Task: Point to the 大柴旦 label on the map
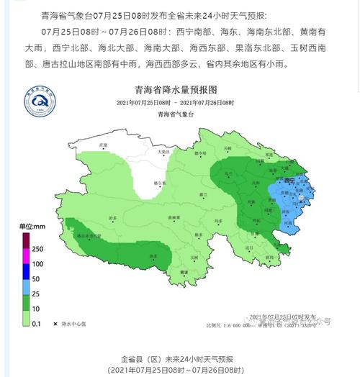[x=163, y=152]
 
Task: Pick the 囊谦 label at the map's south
[x=184, y=272]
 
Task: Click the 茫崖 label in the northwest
[x=103, y=145]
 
